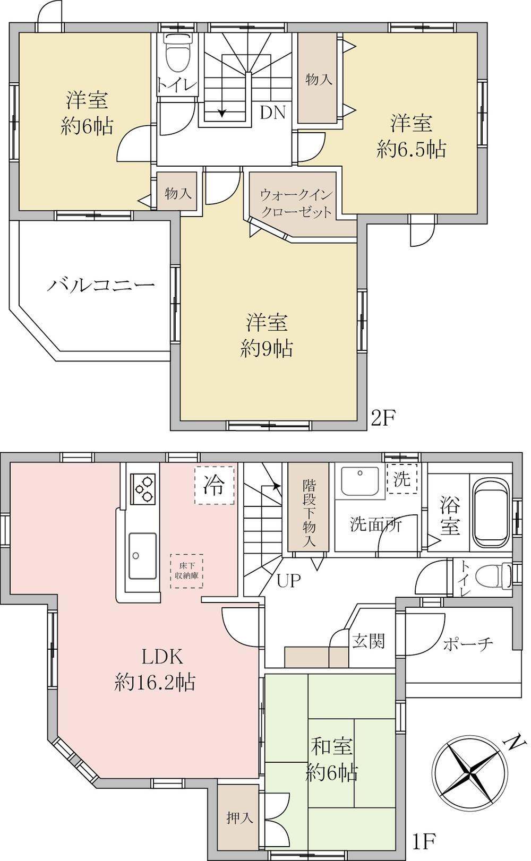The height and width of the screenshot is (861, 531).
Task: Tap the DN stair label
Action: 272,112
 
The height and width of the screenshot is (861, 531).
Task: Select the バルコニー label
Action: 101,285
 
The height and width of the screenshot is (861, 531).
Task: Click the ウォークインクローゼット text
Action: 296,203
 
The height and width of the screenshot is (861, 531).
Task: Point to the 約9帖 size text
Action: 267,349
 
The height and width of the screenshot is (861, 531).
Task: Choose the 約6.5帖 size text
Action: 411,149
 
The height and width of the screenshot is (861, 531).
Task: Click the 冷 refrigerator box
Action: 214,485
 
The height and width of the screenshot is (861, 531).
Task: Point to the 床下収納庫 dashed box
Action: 186,571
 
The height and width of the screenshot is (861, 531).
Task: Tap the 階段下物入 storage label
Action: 309,513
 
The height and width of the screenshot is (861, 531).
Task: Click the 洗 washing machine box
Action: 402,479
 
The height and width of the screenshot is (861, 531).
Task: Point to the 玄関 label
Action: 369,641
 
